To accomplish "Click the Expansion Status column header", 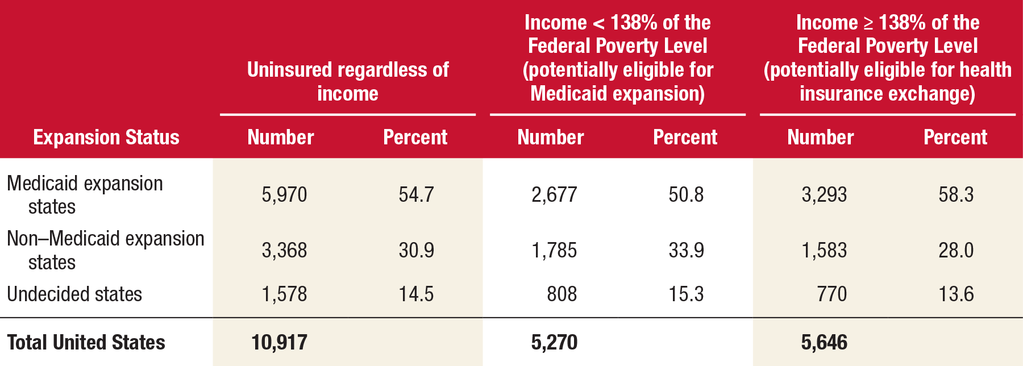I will click(106, 138).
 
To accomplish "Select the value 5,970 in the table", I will click(284, 195).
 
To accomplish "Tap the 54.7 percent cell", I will click(416, 195).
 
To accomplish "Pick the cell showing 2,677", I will click(554, 195).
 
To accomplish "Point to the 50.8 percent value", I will click(686, 195).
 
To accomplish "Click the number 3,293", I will click(824, 195).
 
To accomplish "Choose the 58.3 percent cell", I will click(956, 195).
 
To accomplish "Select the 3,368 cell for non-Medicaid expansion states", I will click(284, 251).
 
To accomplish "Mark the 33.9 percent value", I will click(686, 251).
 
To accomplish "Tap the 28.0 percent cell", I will click(956, 251).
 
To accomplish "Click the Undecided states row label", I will click(74, 294).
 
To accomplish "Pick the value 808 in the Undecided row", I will click(562, 294).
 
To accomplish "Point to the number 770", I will click(831, 294).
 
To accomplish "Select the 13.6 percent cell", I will click(956, 294).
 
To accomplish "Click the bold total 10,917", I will click(279, 343).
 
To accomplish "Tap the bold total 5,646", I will click(824, 343).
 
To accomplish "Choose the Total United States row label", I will click(86, 343).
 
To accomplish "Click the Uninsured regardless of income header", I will click(348, 81).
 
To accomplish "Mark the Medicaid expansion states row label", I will click(85, 195).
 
